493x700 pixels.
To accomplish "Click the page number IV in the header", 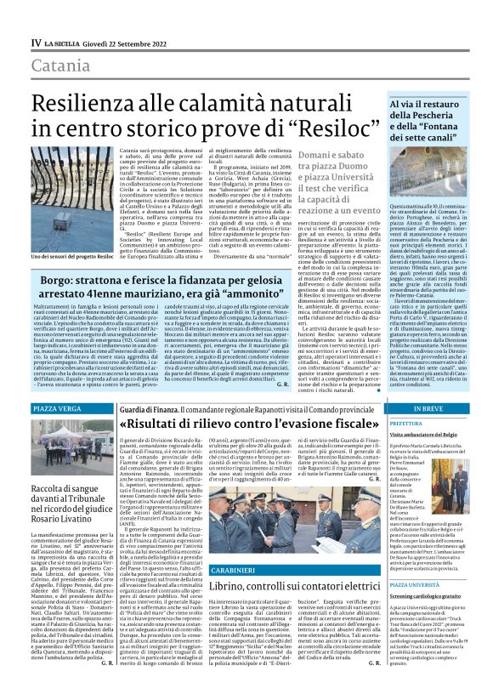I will pos(37,42).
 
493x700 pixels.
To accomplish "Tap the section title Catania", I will pos(62,65).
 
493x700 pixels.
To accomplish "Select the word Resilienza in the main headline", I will pos(98,96).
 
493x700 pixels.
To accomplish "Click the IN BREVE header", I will pos(428,409).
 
